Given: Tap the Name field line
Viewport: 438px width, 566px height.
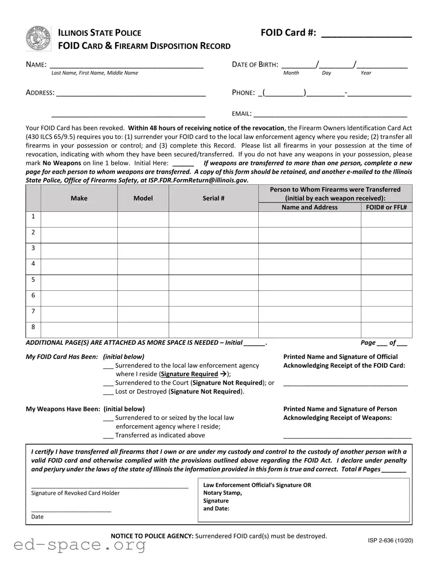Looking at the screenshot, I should [x=127, y=66].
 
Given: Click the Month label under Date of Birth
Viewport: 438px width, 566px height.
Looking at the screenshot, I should [x=291, y=73].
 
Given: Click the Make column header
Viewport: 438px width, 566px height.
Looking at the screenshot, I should [x=79, y=198].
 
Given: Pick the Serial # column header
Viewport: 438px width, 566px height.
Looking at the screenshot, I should [x=214, y=198].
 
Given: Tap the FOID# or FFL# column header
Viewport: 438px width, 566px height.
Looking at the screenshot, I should [x=386, y=207].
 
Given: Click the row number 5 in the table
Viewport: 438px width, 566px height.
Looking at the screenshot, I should [x=33, y=280].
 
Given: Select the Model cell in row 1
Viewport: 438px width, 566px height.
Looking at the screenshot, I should [x=143, y=219].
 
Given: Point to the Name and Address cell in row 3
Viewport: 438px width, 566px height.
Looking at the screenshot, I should [x=309, y=251].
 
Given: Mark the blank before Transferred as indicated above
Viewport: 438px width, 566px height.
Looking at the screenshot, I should [x=108, y=436].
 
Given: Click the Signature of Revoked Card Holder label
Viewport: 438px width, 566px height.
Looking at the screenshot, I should [x=75, y=493].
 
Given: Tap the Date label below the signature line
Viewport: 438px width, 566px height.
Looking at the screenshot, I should [x=37, y=516].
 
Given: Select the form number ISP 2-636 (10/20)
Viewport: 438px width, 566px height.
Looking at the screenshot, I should [x=390, y=540].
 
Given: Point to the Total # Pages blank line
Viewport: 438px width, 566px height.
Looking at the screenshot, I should [x=393, y=470].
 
